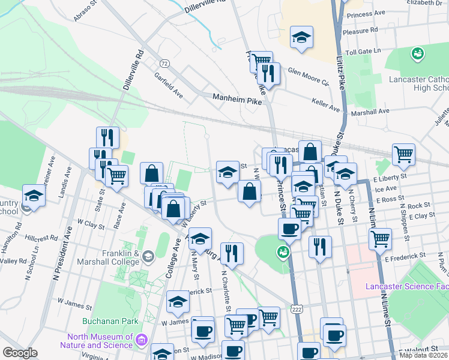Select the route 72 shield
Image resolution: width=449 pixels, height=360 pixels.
163,63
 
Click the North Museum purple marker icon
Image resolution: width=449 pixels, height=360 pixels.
142,340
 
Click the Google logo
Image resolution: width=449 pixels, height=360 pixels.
20,353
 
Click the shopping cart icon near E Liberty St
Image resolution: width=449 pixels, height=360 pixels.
403,154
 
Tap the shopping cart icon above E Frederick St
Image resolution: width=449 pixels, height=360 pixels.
380,238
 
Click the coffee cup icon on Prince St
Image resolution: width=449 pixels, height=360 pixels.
290,228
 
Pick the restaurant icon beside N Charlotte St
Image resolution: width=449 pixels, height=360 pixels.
232,253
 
